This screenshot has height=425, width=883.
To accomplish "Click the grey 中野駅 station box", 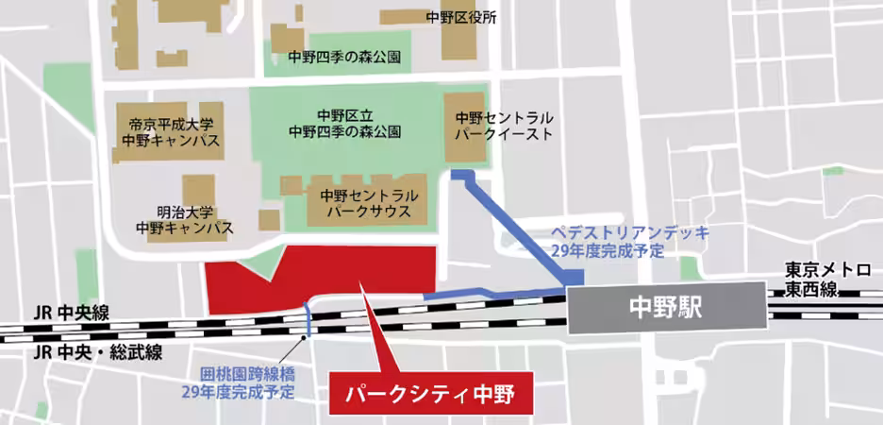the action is point(666,310).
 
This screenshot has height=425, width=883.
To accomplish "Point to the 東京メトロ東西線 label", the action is point(826,280).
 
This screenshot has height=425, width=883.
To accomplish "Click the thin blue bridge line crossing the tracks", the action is point(307,319).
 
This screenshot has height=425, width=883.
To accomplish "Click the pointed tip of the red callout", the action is point(363,295).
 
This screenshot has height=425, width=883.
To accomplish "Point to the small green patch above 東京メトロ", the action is point(832,171).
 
